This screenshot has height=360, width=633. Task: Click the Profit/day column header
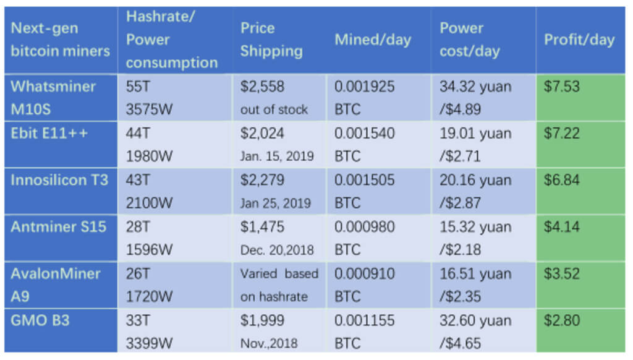(x=579, y=40)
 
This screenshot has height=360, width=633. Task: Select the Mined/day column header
(x=372, y=40)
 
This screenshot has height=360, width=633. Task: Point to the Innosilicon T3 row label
(x=59, y=180)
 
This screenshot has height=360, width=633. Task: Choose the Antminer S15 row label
(x=58, y=227)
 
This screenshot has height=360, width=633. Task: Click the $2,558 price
(x=262, y=87)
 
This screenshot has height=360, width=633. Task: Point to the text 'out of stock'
(x=273, y=110)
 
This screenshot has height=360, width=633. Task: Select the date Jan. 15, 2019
(x=276, y=156)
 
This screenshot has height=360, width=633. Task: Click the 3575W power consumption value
(x=150, y=110)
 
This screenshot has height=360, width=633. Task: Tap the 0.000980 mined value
(x=364, y=227)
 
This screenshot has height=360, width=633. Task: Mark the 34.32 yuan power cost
(x=475, y=87)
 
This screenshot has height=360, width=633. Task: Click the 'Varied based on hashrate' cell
(x=279, y=285)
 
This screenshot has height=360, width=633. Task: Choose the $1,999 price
(x=262, y=321)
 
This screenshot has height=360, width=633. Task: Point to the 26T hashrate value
(x=137, y=273)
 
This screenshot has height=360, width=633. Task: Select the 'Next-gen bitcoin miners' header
(x=60, y=40)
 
